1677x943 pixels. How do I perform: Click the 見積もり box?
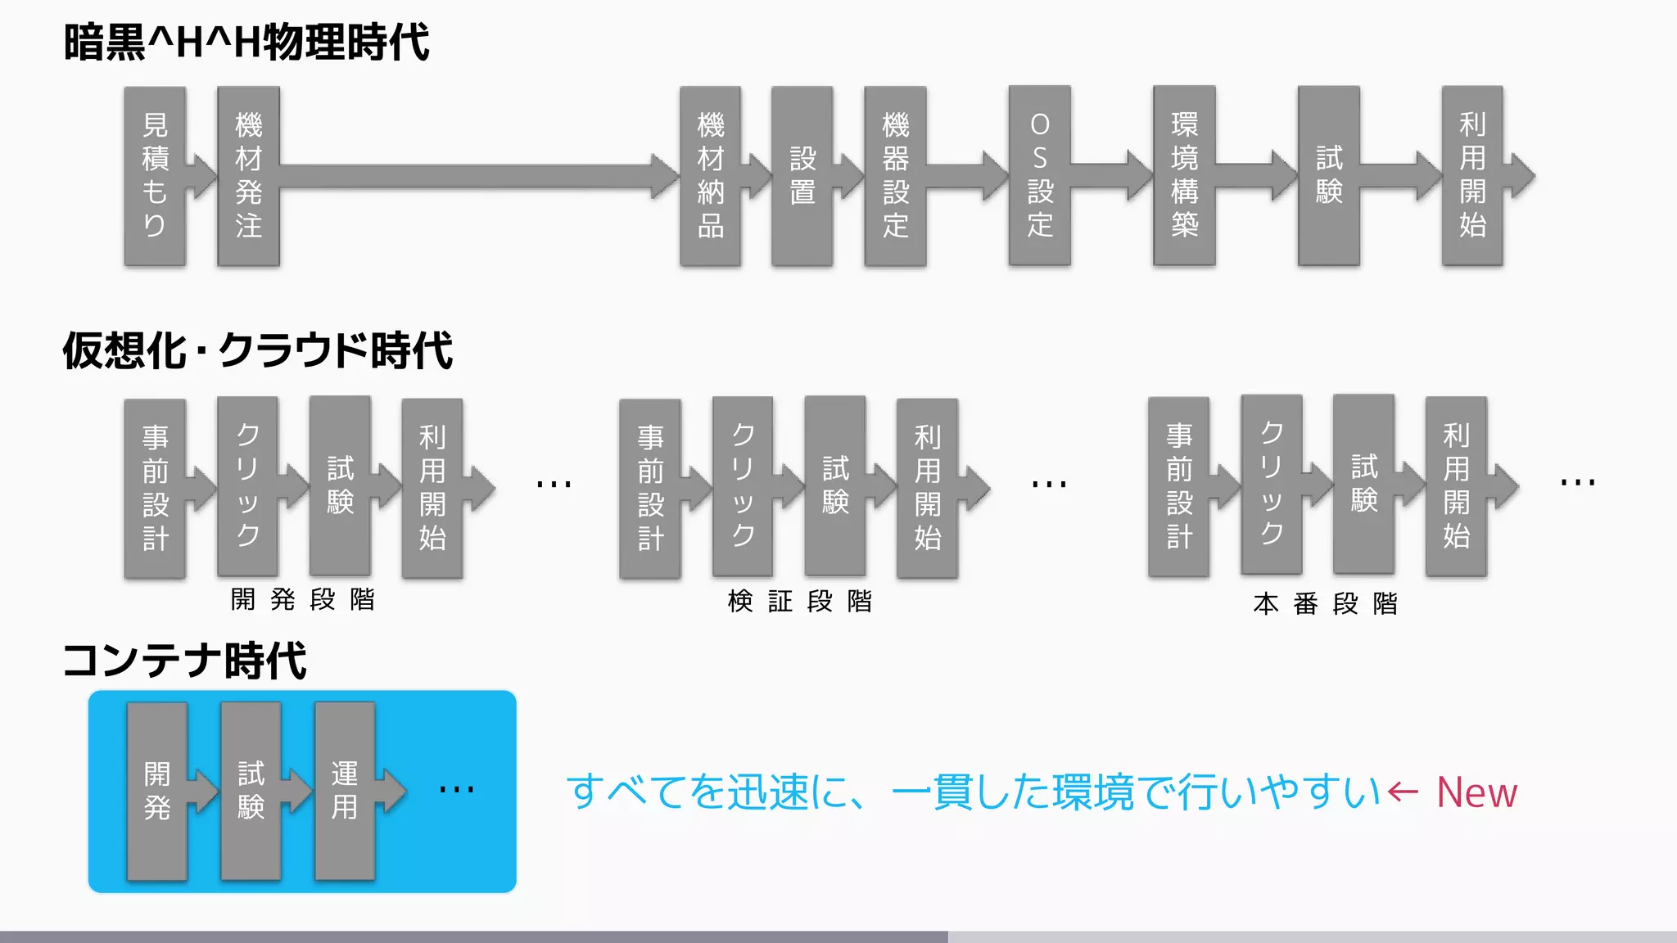pyautogui.click(x=155, y=176)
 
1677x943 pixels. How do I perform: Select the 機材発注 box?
pyautogui.click(x=248, y=176)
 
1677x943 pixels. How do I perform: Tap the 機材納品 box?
pyautogui.click(x=710, y=176)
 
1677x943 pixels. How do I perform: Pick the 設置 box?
pyautogui.click(x=802, y=176)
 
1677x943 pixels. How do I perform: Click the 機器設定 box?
pyautogui.click(x=895, y=176)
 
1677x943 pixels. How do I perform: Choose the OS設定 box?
pyautogui.click(x=1040, y=176)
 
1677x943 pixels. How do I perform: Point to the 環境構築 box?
pyautogui.click(x=1184, y=176)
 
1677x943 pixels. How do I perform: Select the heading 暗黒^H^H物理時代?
pyautogui.click(x=246, y=43)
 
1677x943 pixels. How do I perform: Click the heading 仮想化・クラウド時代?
pyautogui.click(x=257, y=351)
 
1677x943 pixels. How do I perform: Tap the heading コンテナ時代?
pyautogui.click(x=185, y=661)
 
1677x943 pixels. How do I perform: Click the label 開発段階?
pyautogui.click(x=302, y=599)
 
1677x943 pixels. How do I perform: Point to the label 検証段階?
pyautogui.click(x=799, y=602)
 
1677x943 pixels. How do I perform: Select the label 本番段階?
pyautogui.click(x=1325, y=604)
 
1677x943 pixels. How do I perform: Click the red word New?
pyautogui.click(x=1476, y=792)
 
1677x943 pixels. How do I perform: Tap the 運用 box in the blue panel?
pyautogui.click(x=345, y=791)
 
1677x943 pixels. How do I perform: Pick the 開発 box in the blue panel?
pyautogui.click(x=157, y=791)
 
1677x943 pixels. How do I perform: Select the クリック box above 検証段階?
pyautogui.click(x=743, y=486)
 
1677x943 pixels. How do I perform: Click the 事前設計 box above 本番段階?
pyautogui.click(x=1178, y=486)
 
